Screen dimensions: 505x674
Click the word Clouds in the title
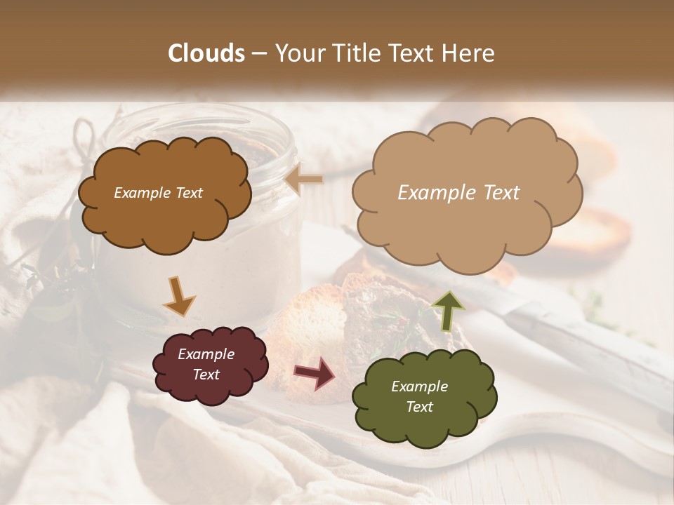(x=206, y=53)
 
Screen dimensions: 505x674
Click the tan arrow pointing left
(x=304, y=180)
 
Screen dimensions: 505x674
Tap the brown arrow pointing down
(x=179, y=295)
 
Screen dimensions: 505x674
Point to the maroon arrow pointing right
(x=315, y=372)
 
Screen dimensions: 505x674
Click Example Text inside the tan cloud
(x=458, y=193)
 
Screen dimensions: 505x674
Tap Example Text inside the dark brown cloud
(x=158, y=193)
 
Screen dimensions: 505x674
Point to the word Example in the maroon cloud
(x=206, y=354)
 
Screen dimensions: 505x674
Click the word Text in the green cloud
(x=419, y=407)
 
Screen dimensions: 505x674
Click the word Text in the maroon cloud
(x=206, y=375)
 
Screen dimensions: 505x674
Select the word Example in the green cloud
(x=419, y=386)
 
